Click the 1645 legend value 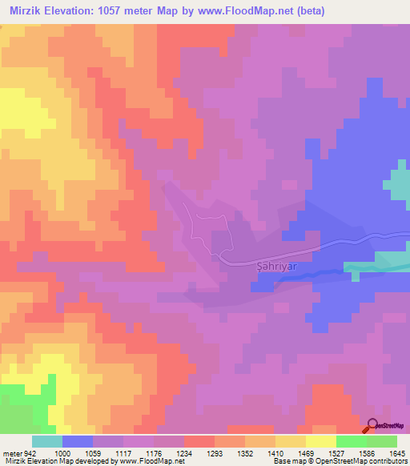coord(397,453)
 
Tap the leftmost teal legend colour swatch coord(47,441)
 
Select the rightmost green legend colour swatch coord(382,441)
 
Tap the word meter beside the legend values coord(10,453)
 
